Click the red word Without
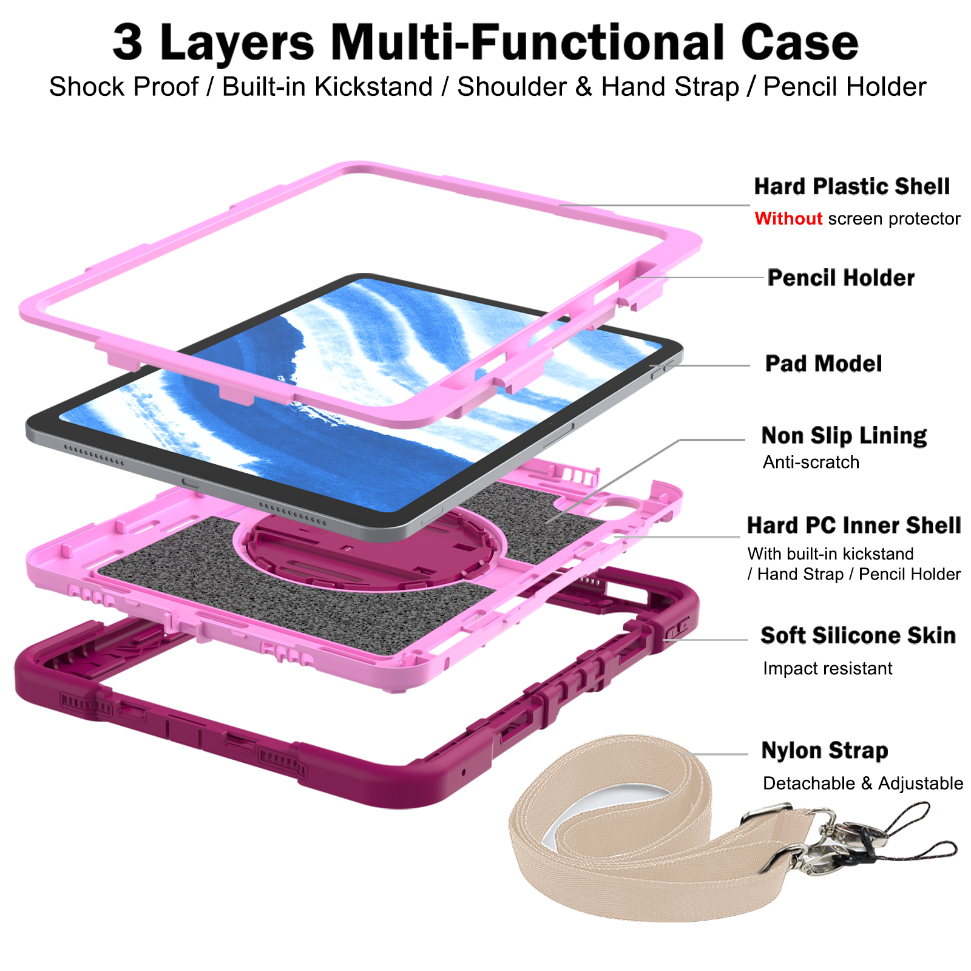(788, 218)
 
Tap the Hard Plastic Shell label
(851, 187)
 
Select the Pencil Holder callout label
(841, 278)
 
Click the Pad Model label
(823, 364)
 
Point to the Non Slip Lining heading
(844, 436)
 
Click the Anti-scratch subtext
(811, 462)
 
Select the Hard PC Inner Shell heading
(853, 526)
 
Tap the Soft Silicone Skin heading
(858, 636)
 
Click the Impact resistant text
(827, 669)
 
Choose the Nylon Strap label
(824, 751)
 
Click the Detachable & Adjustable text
(862, 783)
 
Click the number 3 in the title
(127, 42)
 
